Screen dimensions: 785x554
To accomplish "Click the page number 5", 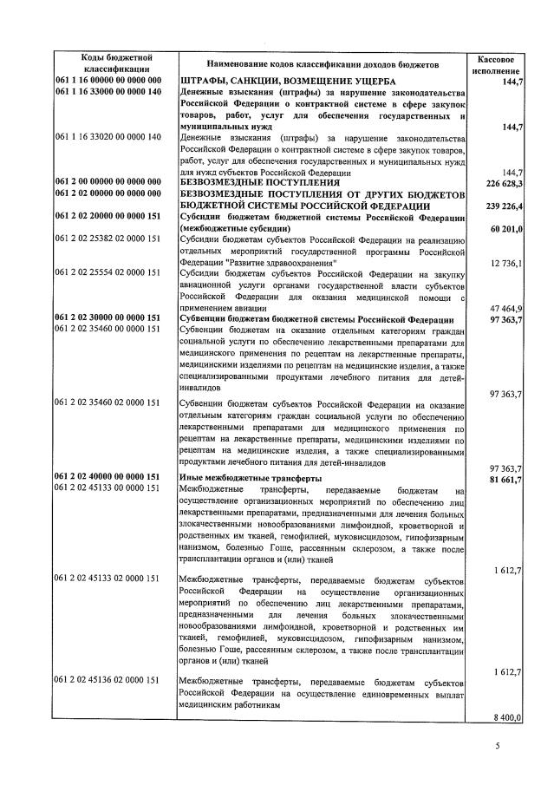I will point(498,745).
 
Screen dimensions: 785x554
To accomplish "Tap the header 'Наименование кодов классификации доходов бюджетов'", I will point(323,63).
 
